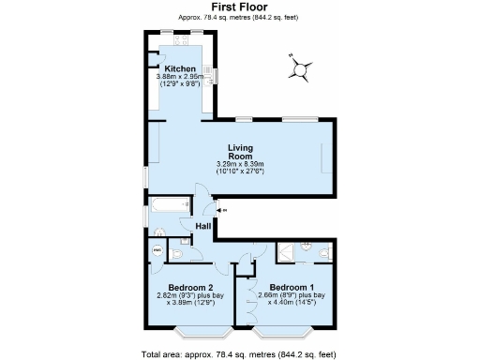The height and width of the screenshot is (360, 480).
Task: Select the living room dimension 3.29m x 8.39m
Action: (242, 165)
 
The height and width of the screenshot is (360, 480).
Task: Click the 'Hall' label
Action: (203, 227)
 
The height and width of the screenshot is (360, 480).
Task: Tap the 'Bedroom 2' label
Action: (190, 287)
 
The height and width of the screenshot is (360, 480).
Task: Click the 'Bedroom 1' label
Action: (292, 287)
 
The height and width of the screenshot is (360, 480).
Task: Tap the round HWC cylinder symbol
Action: (157, 250)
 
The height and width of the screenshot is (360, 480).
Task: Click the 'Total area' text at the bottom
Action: (238, 354)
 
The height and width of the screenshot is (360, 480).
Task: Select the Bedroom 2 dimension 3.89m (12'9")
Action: (192, 303)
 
